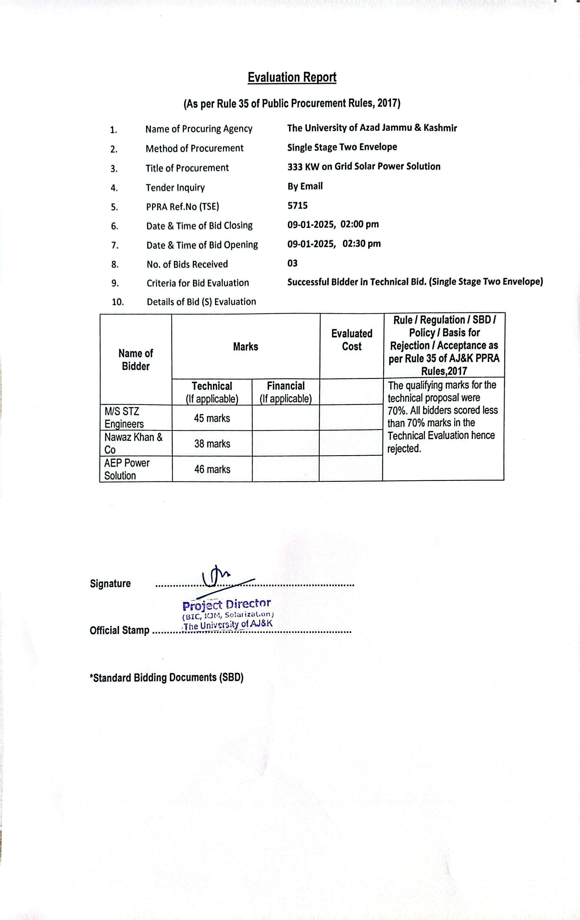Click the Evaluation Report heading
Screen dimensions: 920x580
[292, 77]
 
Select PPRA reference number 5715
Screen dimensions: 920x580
[297, 205]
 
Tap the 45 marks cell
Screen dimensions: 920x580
[212, 418]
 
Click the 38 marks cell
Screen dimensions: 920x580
[212, 444]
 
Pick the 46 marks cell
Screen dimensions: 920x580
[212, 469]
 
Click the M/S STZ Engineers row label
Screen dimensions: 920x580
[124, 418]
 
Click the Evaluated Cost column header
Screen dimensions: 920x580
[352, 340]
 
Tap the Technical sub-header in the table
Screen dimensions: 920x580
[212, 386]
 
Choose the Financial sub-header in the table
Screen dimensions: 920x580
[286, 386]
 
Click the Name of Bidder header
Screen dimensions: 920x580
[136, 359]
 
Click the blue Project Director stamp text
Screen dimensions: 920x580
[227, 605]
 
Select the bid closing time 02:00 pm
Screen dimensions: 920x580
[360, 224]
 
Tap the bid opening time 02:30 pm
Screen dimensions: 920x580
[362, 244]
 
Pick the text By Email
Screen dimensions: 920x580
[305, 186]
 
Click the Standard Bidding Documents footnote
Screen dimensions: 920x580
[166, 677]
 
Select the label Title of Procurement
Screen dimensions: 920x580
[187, 168]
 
